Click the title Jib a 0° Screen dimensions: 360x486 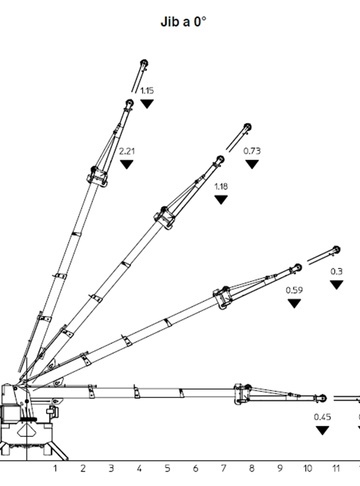click(x=183, y=22)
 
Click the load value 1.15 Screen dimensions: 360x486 click(x=147, y=91)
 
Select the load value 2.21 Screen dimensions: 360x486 click(x=127, y=151)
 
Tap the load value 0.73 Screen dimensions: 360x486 click(x=252, y=151)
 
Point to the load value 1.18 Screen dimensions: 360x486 click(x=221, y=186)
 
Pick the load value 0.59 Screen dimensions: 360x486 click(x=294, y=290)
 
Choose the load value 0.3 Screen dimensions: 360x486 click(x=337, y=272)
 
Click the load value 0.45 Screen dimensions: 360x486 click(x=322, y=417)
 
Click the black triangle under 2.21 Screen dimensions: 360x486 click(x=127, y=164)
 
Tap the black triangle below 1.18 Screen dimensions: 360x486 click(x=221, y=200)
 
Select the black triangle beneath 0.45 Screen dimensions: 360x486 click(x=322, y=430)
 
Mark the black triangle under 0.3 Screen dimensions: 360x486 click(x=337, y=285)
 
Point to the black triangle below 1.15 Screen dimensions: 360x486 click(x=147, y=104)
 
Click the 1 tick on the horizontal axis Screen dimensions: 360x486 click(x=55, y=468)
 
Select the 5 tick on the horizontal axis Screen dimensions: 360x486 click(x=167, y=468)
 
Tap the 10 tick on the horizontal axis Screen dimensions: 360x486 click(x=308, y=468)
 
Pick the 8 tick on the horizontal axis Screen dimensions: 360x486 click(x=252, y=468)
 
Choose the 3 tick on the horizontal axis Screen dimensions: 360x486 click(x=111, y=468)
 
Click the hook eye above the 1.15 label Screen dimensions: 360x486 click(x=144, y=63)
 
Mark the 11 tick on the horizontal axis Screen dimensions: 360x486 click(x=336, y=468)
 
